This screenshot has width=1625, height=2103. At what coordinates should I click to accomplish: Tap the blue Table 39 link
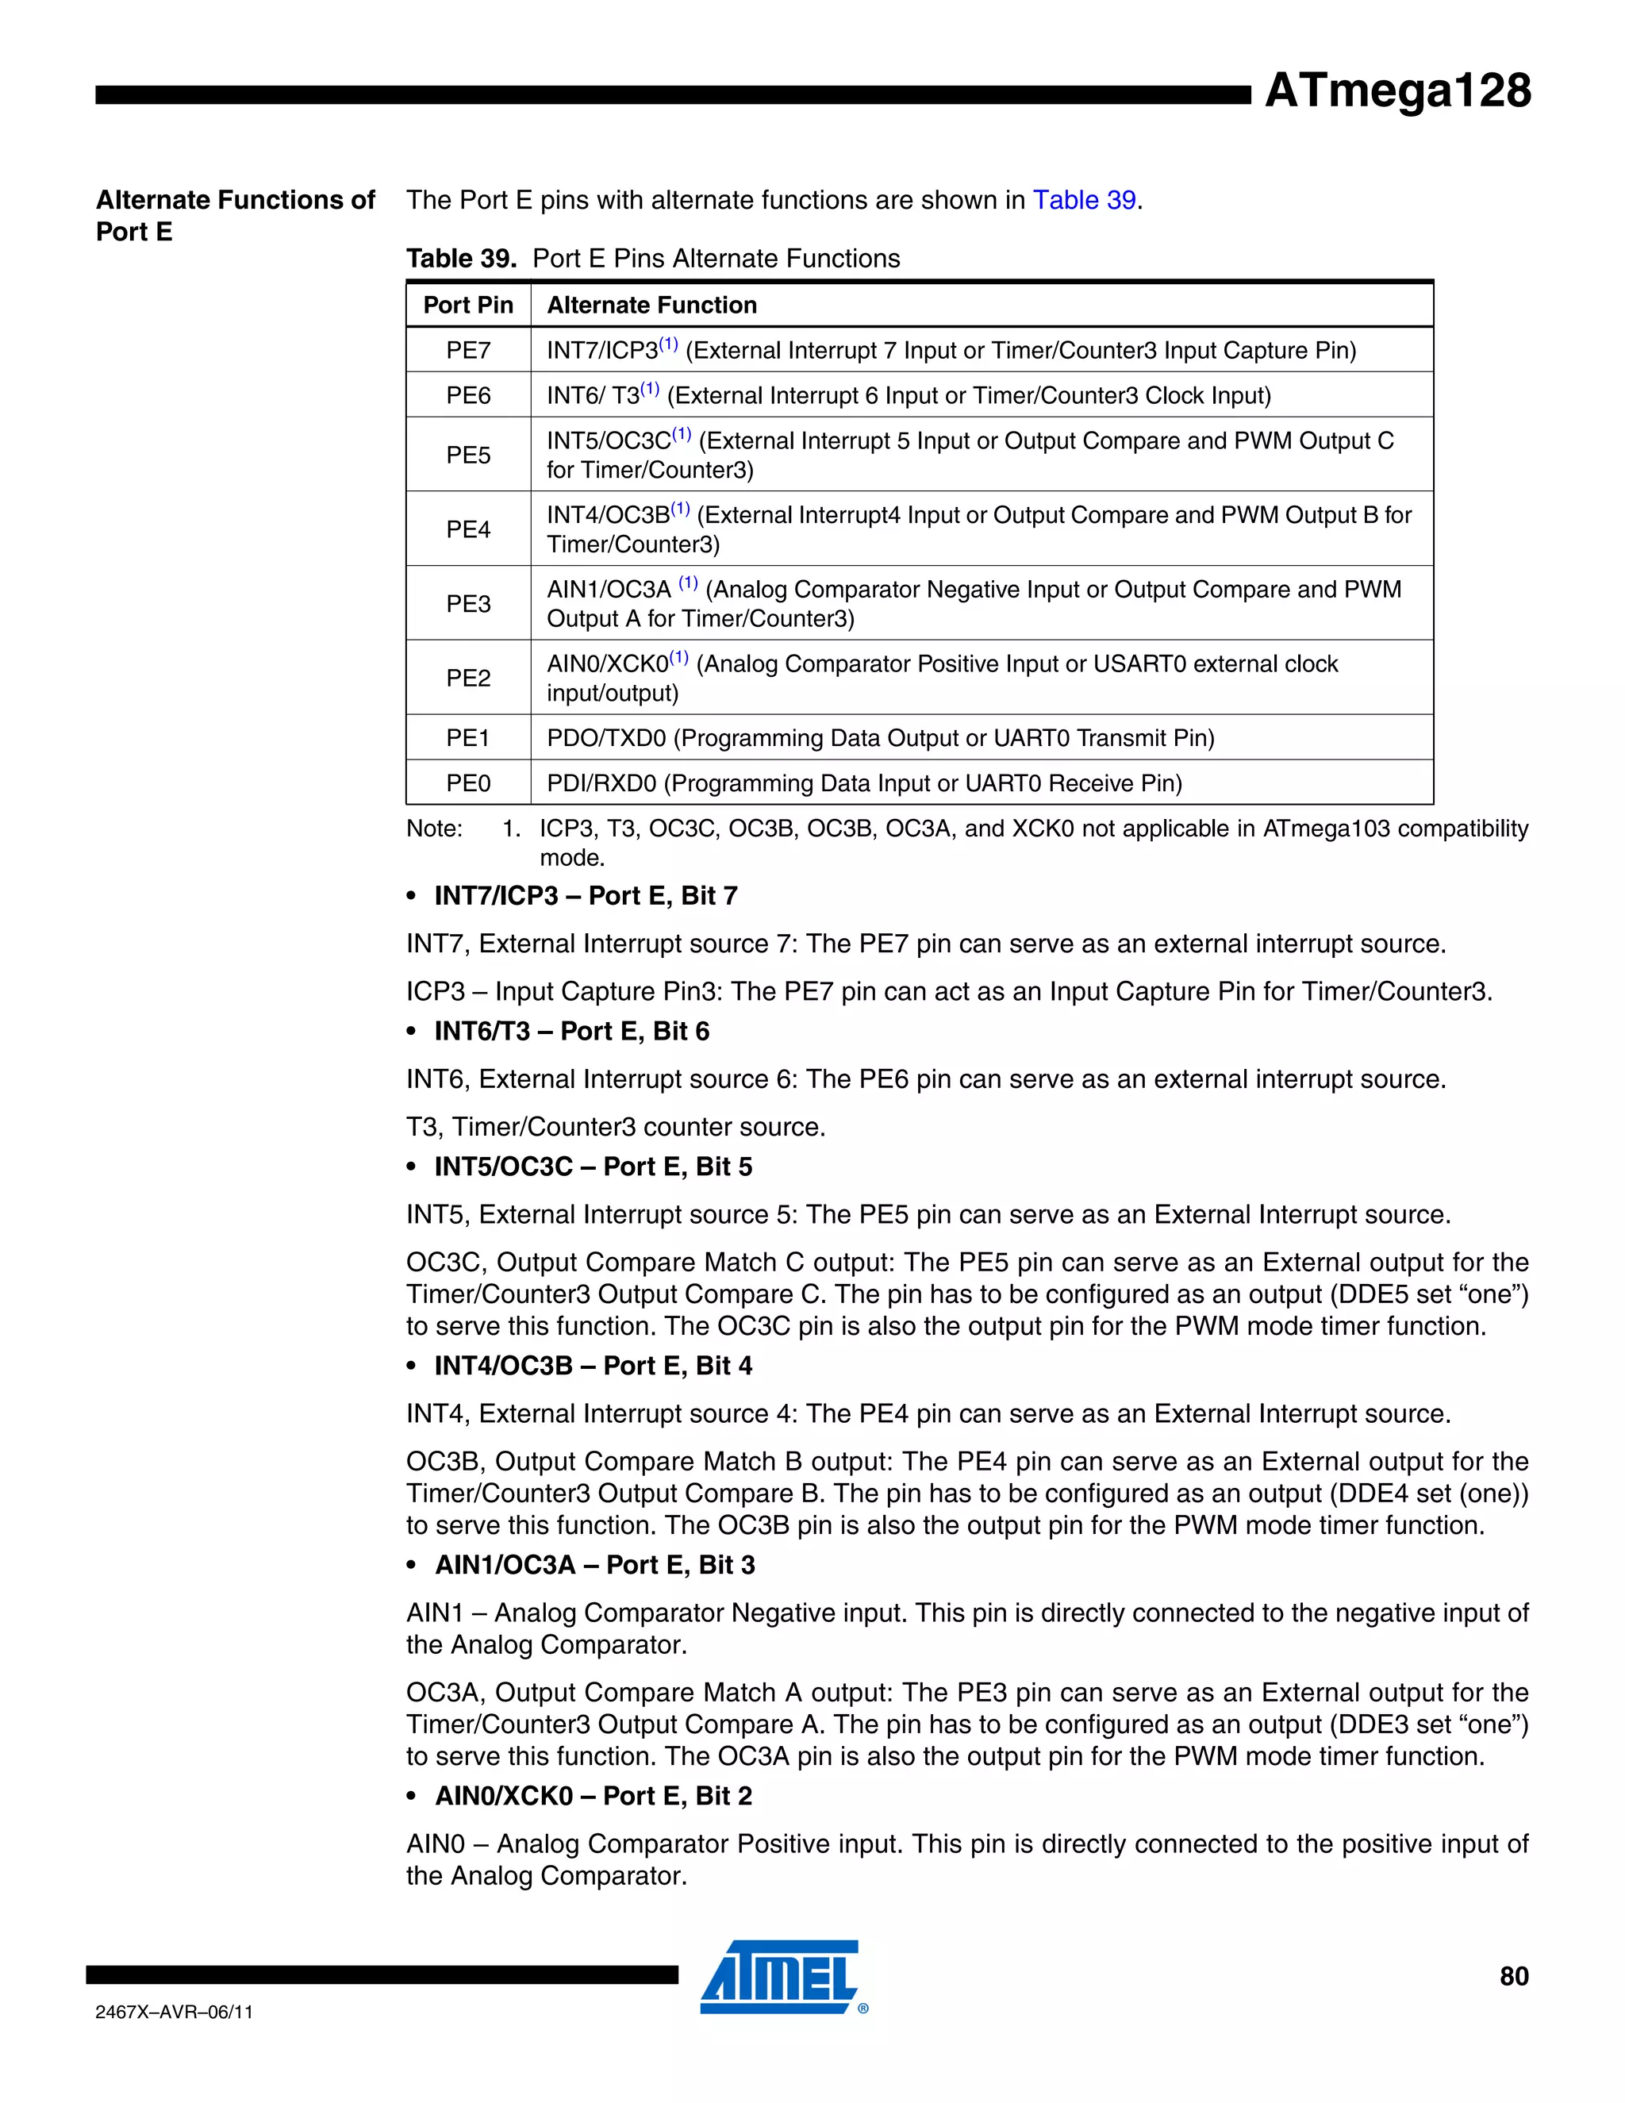pos(1084,200)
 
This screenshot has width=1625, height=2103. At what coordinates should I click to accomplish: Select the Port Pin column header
pos(468,306)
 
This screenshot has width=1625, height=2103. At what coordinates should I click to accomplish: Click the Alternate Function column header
pos(651,306)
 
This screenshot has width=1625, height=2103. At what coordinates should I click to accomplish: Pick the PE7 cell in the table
pos(468,351)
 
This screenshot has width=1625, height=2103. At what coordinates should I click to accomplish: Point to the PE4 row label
pos(468,529)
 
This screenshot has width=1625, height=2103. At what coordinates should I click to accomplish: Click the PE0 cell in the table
pos(468,782)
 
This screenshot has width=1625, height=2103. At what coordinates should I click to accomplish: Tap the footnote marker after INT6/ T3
pos(651,389)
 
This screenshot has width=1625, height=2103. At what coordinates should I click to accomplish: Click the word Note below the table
pos(434,829)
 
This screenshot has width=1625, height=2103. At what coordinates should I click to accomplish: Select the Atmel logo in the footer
pos(782,1977)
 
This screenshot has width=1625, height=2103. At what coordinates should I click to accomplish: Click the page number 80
pos(1513,1977)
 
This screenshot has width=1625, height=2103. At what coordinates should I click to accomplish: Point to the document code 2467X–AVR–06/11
pos(175,2012)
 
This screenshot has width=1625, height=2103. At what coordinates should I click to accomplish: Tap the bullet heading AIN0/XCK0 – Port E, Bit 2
pos(593,1796)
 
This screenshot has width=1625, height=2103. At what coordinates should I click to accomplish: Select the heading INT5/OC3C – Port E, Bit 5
pos(593,1167)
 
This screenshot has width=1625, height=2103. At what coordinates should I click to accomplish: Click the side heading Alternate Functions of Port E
pos(235,216)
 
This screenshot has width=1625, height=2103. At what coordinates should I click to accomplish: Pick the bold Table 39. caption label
pos(461,259)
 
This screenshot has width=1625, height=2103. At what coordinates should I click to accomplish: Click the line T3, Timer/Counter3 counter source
pos(616,1128)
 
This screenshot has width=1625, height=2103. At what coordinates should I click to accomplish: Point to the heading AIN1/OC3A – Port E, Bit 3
pos(594,1565)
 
